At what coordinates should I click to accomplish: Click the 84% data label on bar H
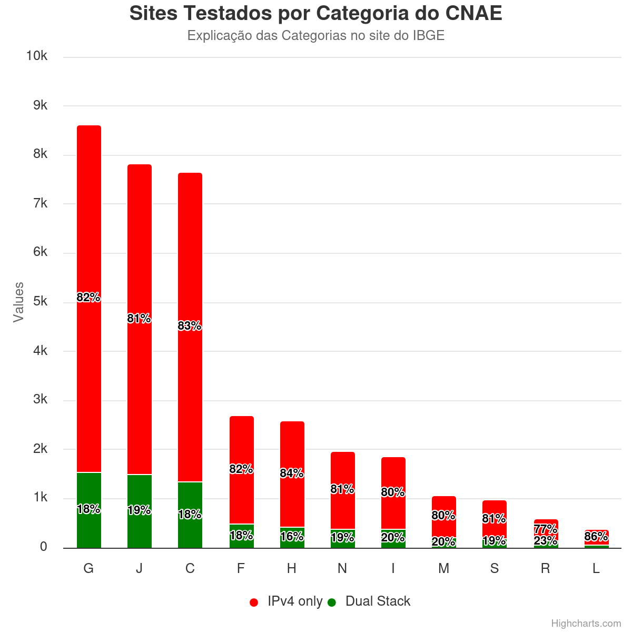coord(292,473)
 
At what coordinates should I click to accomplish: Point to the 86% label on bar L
coord(596,537)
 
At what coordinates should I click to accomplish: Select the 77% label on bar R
coord(546,529)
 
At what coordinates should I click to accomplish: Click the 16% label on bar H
coord(292,536)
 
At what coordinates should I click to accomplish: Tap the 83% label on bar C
coord(190,326)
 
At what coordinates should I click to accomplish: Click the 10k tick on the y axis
coord(37,56)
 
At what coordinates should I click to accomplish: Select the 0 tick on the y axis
coord(43,547)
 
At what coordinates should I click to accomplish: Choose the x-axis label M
coord(444,569)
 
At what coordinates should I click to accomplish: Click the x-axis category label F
coord(241,569)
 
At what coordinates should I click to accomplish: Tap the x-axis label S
coord(495,569)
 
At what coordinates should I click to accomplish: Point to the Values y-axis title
coord(19,302)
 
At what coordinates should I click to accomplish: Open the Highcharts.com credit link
coord(586,624)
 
